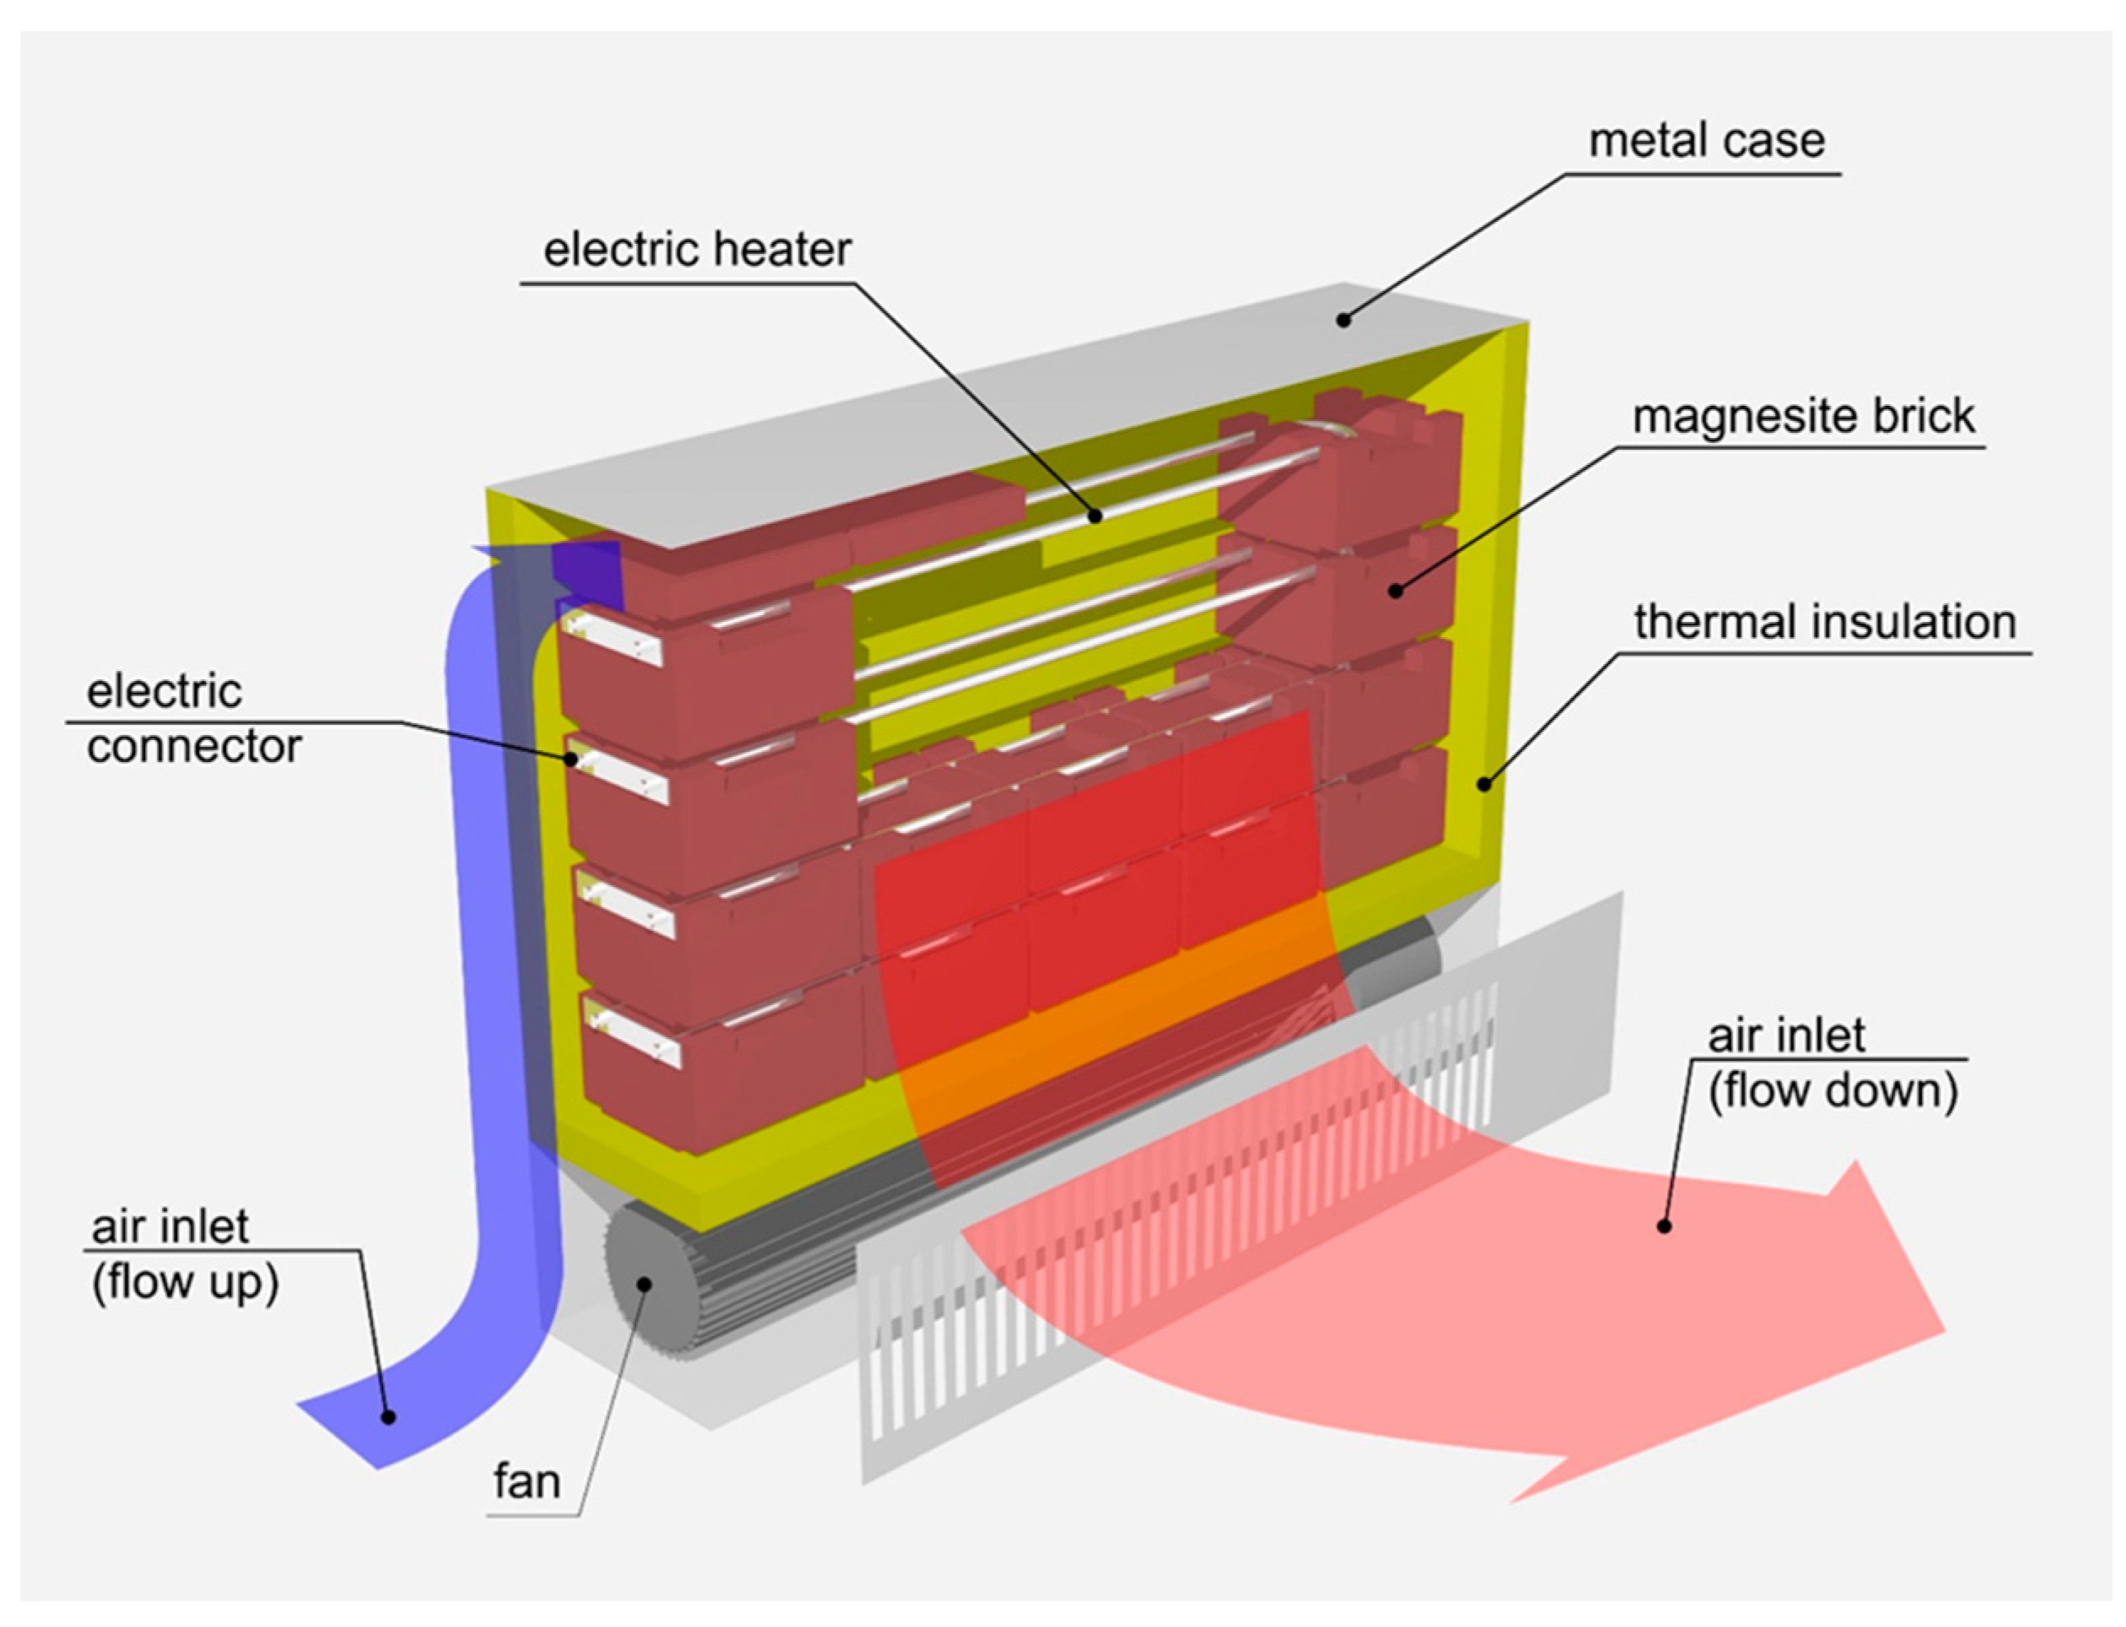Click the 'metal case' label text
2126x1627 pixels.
(1706, 142)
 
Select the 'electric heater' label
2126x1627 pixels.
(696, 250)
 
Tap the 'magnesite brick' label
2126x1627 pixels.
(1803, 416)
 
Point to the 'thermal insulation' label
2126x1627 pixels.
(1824, 622)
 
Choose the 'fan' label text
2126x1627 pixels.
(526, 1482)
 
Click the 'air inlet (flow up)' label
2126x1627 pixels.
(184, 1254)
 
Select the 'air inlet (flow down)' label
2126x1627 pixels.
(1832, 1063)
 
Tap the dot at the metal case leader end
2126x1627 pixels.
(1343, 320)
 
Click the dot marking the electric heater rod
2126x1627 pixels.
(1094, 516)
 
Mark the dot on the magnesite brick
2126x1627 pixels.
(1395, 590)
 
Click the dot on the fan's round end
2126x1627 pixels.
(644, 1284)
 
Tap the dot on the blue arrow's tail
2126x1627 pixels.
(388, 1417)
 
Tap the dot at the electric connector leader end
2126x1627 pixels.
(573, 760)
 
